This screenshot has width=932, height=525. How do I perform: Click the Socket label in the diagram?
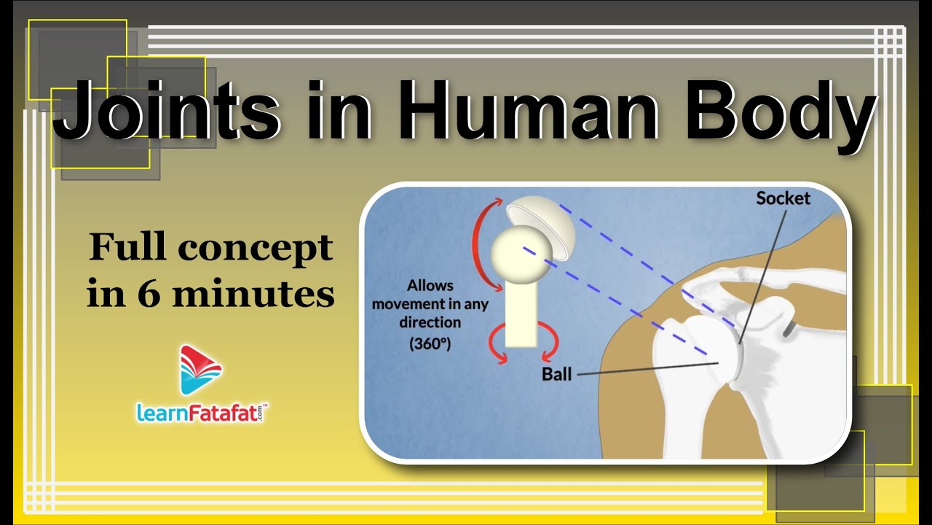[x=783, y=198]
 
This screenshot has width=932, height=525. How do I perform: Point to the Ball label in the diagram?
[x=557, y=374]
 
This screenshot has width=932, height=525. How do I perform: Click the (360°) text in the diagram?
[x=430, y=343]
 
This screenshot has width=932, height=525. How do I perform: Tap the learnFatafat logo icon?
[x=201, y=370]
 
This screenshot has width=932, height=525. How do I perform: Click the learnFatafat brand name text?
[x=201, y=413]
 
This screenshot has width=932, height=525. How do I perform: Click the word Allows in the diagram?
[x=430, y=285]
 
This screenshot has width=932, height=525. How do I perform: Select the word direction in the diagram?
[x=430, y=322]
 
